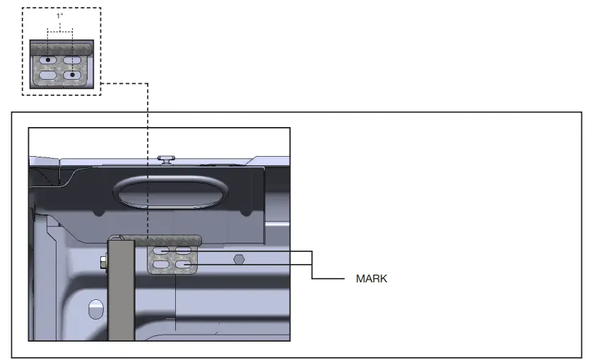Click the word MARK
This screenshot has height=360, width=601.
tap(371, 279)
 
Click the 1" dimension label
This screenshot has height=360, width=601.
tap(60, 16)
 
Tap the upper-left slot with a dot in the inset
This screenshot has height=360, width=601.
tap(48, 60)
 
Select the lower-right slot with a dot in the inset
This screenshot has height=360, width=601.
tap(72, 74)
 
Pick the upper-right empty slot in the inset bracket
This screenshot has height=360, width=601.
tap(73, 60)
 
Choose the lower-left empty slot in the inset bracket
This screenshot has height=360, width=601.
tap(48, 74)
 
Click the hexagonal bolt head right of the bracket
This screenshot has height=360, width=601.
tap(239, 258)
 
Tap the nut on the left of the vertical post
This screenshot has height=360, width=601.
tap(103, 263)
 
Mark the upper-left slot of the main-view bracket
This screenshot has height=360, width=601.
tap(161, 251)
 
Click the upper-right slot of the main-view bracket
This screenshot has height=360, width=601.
tap(184, 251)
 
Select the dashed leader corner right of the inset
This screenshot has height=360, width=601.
tap(147, 84)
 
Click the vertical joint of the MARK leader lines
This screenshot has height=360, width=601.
tap(311, 265)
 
